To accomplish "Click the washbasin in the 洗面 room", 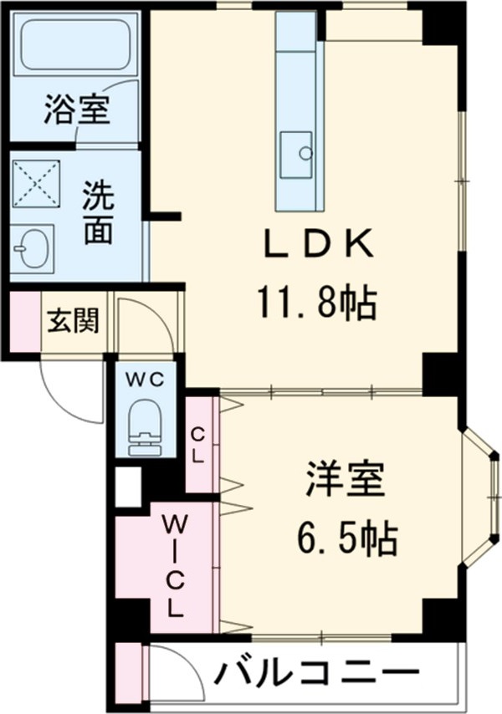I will click(32, 248).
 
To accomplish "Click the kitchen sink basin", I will click(296, 154).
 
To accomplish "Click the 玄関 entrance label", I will click(72, 320).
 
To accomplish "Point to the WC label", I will click(146, 378).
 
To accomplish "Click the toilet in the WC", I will click(146, 425).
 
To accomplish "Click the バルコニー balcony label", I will click(318, 672).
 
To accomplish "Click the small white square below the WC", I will click(128, 487).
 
